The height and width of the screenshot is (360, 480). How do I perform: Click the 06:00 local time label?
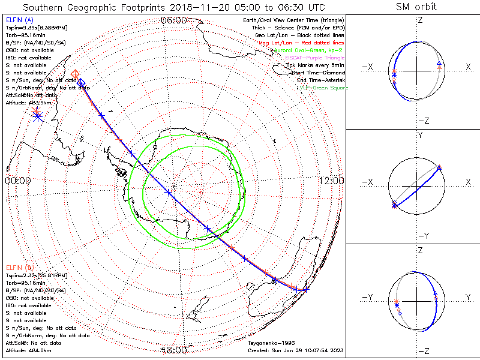coord(174,20)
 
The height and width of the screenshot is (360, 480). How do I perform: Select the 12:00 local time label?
coord(332,181)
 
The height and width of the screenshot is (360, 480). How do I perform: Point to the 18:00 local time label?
coord(174,350)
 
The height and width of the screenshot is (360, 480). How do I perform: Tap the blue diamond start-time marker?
coord(82,82)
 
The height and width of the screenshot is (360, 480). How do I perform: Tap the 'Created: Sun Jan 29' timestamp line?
coord(295,350)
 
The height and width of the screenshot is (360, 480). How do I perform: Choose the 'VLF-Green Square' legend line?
coord(323,88)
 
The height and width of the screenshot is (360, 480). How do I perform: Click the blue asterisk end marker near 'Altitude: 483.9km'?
coord(38,116)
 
